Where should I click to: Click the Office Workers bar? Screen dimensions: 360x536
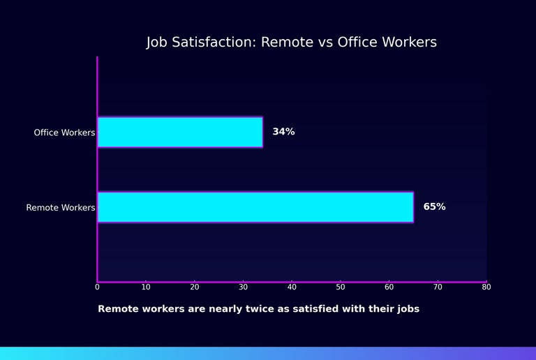pyautogui.click(x=179, y=132)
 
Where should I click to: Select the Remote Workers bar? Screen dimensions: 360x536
pyautogui.click(x=255, y=207)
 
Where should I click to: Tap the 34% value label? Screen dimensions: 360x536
pyautogui.click(x=283, y=132)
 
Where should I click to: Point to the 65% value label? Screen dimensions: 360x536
pyautogui.click(x=434, y=207)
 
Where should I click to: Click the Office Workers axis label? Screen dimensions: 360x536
pyautogui.click(x=64, y=133)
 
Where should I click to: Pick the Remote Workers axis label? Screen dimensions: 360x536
pyautogui.click(x=61, y=208)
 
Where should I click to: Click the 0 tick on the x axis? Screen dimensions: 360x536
pyautogui.click(x=97, y=287)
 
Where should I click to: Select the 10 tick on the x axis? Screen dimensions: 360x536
pyautogui.click(x=146, y=287)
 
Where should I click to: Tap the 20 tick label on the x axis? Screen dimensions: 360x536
pyautogui.click(x=195, y=287)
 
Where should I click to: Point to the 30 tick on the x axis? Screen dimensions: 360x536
pyautogui.click(x=243, y=287)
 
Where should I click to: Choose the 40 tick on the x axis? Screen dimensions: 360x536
pyautogui.click(x=292, y=287)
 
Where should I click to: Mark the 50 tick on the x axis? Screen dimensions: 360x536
pyautogui.click(x=341, y=287)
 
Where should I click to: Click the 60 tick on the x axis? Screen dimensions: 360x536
pyautogui.click(x=389, y=287)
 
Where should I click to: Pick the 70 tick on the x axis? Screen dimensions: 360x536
pyautogui.click(x=438, y=287)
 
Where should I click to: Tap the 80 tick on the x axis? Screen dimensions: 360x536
pyautogui.click(x=486, y=287)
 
